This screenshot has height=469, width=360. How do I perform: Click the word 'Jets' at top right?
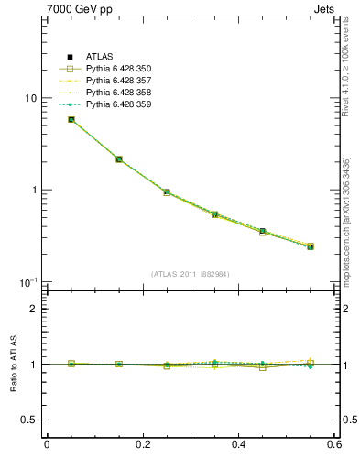coord(326,9)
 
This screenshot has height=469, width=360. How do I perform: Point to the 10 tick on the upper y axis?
coord(30,98)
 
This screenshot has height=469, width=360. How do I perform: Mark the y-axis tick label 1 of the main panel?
coord(33,190)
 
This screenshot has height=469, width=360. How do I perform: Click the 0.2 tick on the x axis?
coord(142,445)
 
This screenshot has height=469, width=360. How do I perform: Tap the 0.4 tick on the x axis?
coord(238,445)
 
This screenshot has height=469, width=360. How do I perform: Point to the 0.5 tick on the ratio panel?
coord(29,420)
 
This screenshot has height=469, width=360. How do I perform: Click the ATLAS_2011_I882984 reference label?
coord(191,274)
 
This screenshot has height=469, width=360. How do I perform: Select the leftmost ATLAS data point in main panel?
coord(71,119)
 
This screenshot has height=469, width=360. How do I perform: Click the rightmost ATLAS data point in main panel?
coord(311,246)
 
